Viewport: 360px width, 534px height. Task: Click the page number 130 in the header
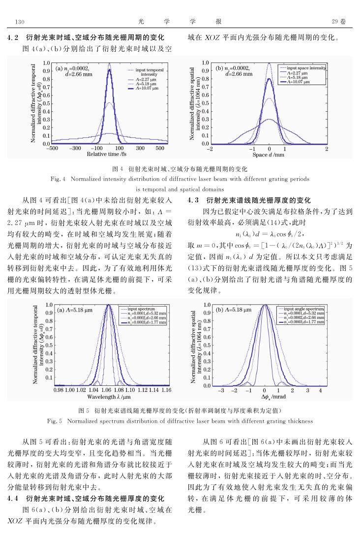click(20, 22)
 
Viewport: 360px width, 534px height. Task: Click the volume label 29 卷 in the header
click(338, 21)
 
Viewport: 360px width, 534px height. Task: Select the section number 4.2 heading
click(13, 37)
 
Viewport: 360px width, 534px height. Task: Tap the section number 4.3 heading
click(193, 200)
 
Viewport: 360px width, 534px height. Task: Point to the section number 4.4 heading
click(13, 499)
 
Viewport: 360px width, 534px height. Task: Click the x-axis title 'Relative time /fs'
click(107, 154)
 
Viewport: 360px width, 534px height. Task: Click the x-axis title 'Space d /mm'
click(269, 155)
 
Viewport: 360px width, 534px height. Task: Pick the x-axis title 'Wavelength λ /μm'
click(109, 397)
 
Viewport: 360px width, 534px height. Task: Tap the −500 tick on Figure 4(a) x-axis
click(52, 148)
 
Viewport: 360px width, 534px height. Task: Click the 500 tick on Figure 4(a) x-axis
click(160, 148)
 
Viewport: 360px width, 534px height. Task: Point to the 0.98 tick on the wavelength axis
click(59, 390)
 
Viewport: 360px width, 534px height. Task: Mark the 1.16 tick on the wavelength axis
click(166, 390)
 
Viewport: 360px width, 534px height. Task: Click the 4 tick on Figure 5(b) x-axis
click(320, 390)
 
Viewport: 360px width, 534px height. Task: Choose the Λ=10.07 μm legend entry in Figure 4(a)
click(143, 88)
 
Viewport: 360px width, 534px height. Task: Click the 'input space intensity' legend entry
click(302, 68)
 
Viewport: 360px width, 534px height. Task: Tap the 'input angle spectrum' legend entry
click(301, 309)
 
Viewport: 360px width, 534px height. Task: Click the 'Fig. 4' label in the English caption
click(58, 179)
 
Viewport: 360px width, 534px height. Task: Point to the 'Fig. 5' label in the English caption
click(55, 421)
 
